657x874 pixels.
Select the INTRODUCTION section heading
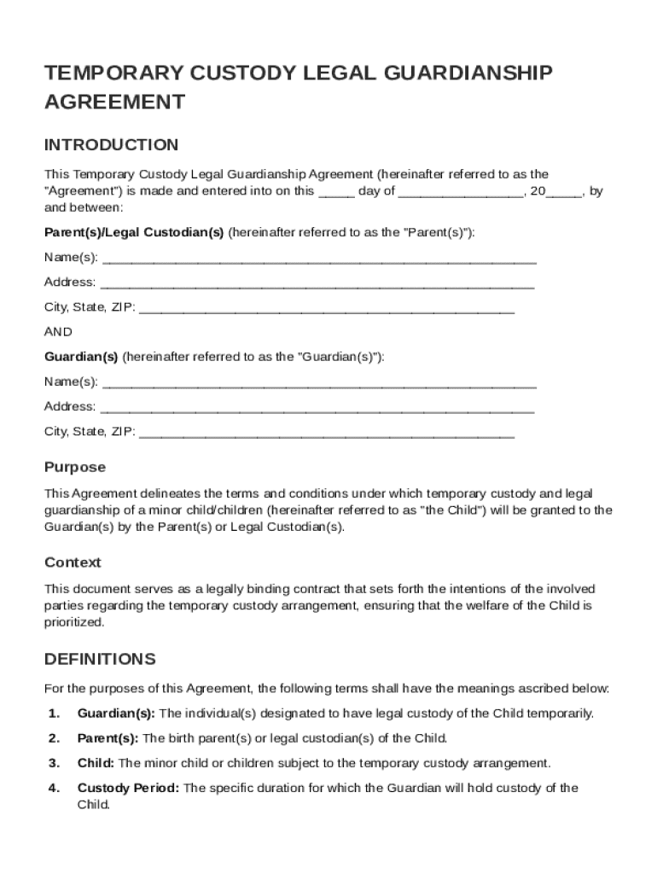click(111, 144)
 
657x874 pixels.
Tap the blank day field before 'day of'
click(336, 192)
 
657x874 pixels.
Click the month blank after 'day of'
click(461, 192)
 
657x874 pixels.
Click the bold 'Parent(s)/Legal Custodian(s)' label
click(134, 232)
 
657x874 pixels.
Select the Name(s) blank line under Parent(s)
click(319, 258)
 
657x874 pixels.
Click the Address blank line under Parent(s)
click(317, 283)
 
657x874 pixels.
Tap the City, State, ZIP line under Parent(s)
click(326, 307)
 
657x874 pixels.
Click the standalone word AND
click(58, 332)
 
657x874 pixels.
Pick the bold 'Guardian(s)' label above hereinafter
click(81, 357)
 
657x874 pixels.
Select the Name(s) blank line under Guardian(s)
click(319, 382)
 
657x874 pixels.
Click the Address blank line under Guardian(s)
click(317, 406)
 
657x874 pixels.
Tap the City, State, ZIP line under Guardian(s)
click(326, 431)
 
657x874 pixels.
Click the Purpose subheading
click(75, 467)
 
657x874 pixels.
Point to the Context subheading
click(73, 562)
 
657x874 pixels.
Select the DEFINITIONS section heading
click(100, 659)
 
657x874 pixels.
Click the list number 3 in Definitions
click(54, 763)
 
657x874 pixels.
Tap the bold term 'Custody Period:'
click(128, 788)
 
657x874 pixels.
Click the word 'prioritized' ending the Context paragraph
click(74, 622)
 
